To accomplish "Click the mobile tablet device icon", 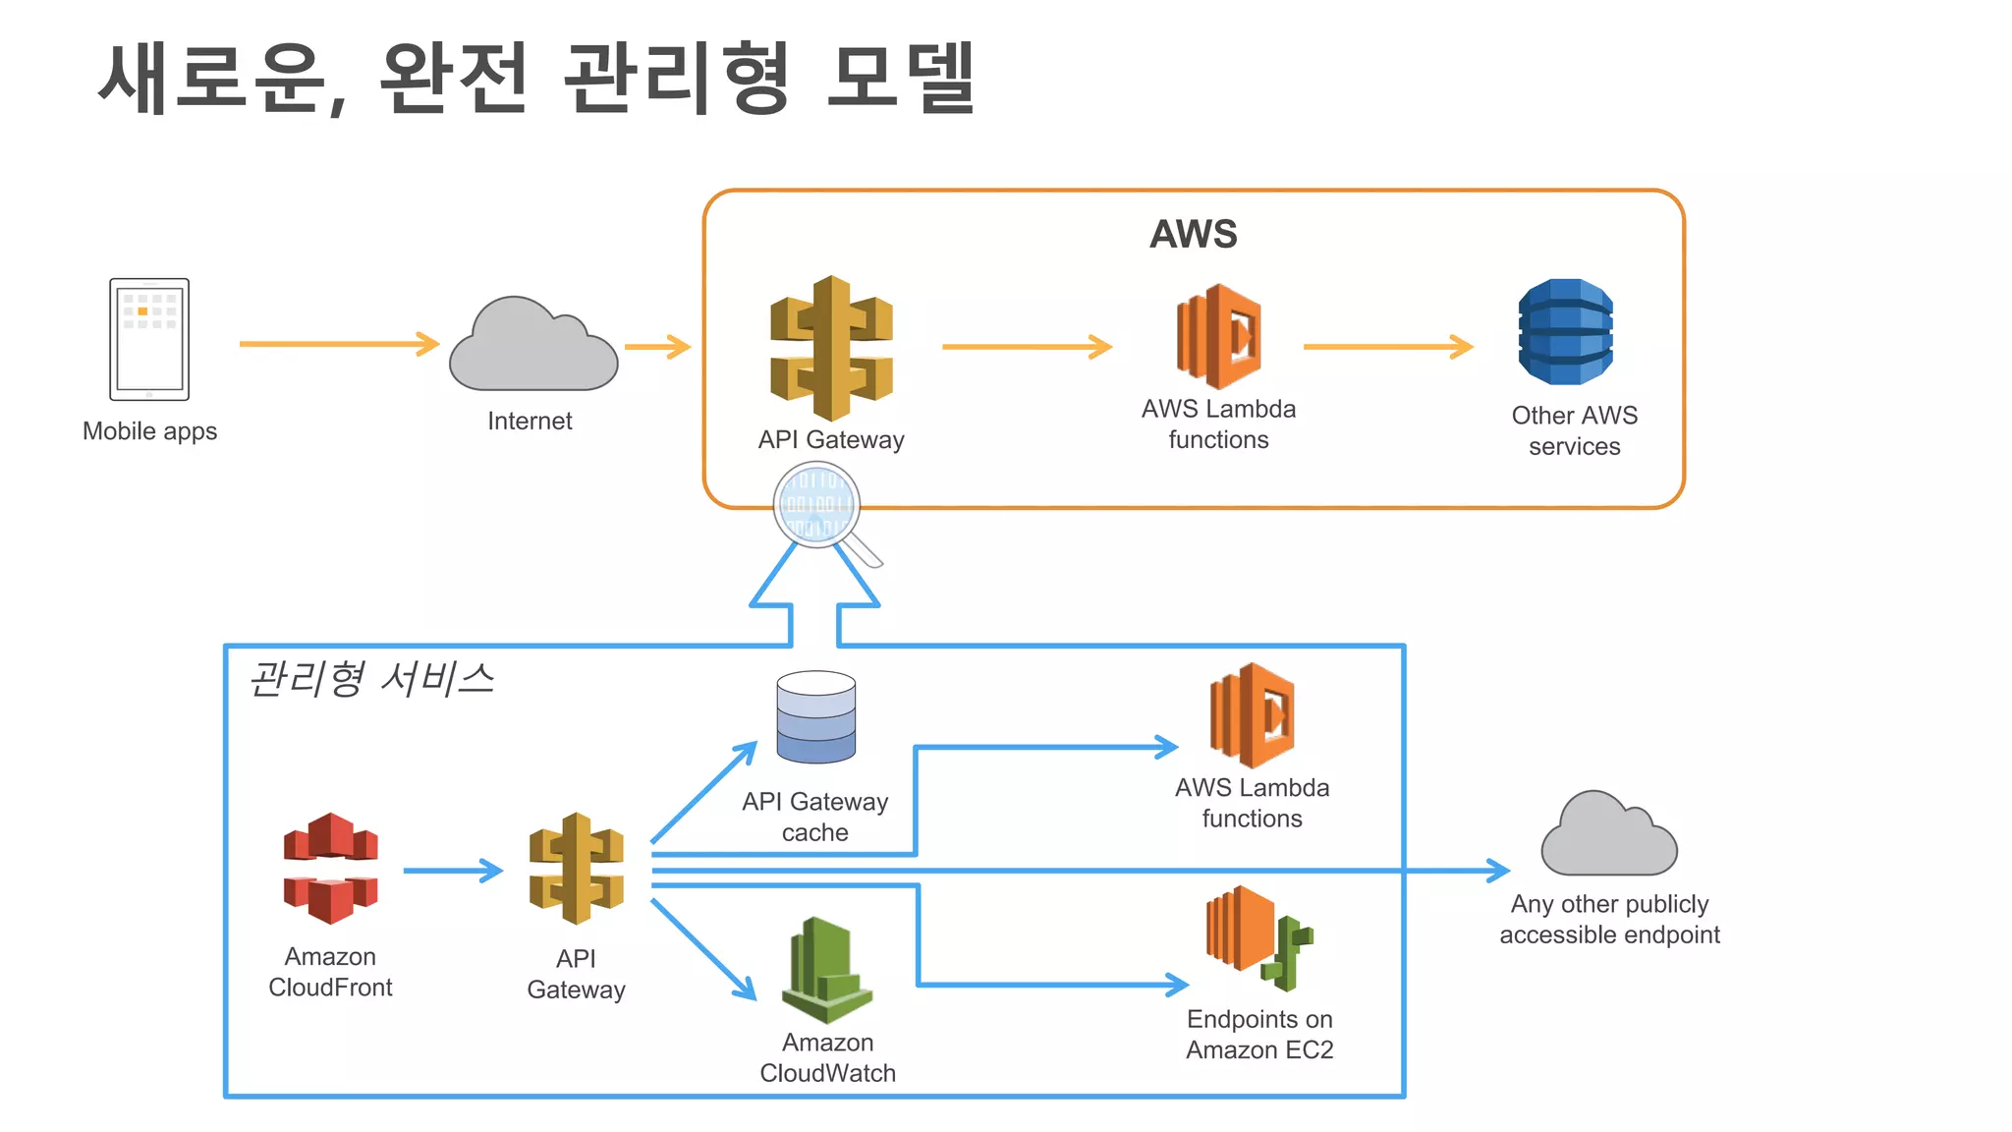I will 149,339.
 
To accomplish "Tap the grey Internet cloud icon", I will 532,347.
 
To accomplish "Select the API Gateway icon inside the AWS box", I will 831,348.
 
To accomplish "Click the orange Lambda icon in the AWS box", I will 1219,337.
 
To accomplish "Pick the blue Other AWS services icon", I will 1565,331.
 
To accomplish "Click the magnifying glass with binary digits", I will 818,506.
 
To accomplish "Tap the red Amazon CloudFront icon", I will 331,869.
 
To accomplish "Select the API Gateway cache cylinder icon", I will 815,717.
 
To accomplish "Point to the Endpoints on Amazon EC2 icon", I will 1257,936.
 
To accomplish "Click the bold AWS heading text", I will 1193,234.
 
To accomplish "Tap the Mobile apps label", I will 149,431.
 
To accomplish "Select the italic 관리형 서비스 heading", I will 371,679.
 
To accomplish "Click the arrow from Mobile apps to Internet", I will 338,344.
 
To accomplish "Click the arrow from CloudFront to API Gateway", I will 452,871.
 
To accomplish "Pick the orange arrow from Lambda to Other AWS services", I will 1387,346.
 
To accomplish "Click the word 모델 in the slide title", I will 900,79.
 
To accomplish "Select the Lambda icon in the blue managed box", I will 1252,715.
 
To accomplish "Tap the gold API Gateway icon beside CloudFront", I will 577,869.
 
